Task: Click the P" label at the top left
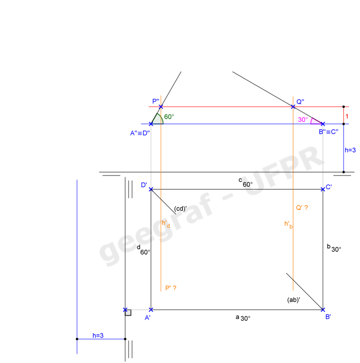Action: (x=156, y=101)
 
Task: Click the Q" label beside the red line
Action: (x=300, y=102)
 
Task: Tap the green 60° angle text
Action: (x=169, y=117)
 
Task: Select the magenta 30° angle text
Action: (x=303, y=120)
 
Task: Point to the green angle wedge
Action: (x=158, y=119)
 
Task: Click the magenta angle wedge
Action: (x=315, y=121)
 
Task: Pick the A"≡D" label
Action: (x=139, y=133)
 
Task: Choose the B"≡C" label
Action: (x=329, y=132)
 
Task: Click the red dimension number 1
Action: (x=347, y=115)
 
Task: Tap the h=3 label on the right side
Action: (x=350, y=150)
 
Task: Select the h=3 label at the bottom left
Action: (x=98, y=336)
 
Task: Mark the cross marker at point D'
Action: (x=151, y=189)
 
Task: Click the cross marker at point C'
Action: (x=322, y=189)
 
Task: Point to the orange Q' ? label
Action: (x=302, y=208)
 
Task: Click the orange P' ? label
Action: (x=171, y=288)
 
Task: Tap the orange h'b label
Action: (x=288, y=225)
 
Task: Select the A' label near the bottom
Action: (x=147, y=318)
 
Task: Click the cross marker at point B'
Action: (x=323, y=310)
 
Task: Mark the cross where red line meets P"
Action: (x=161, y=107)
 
